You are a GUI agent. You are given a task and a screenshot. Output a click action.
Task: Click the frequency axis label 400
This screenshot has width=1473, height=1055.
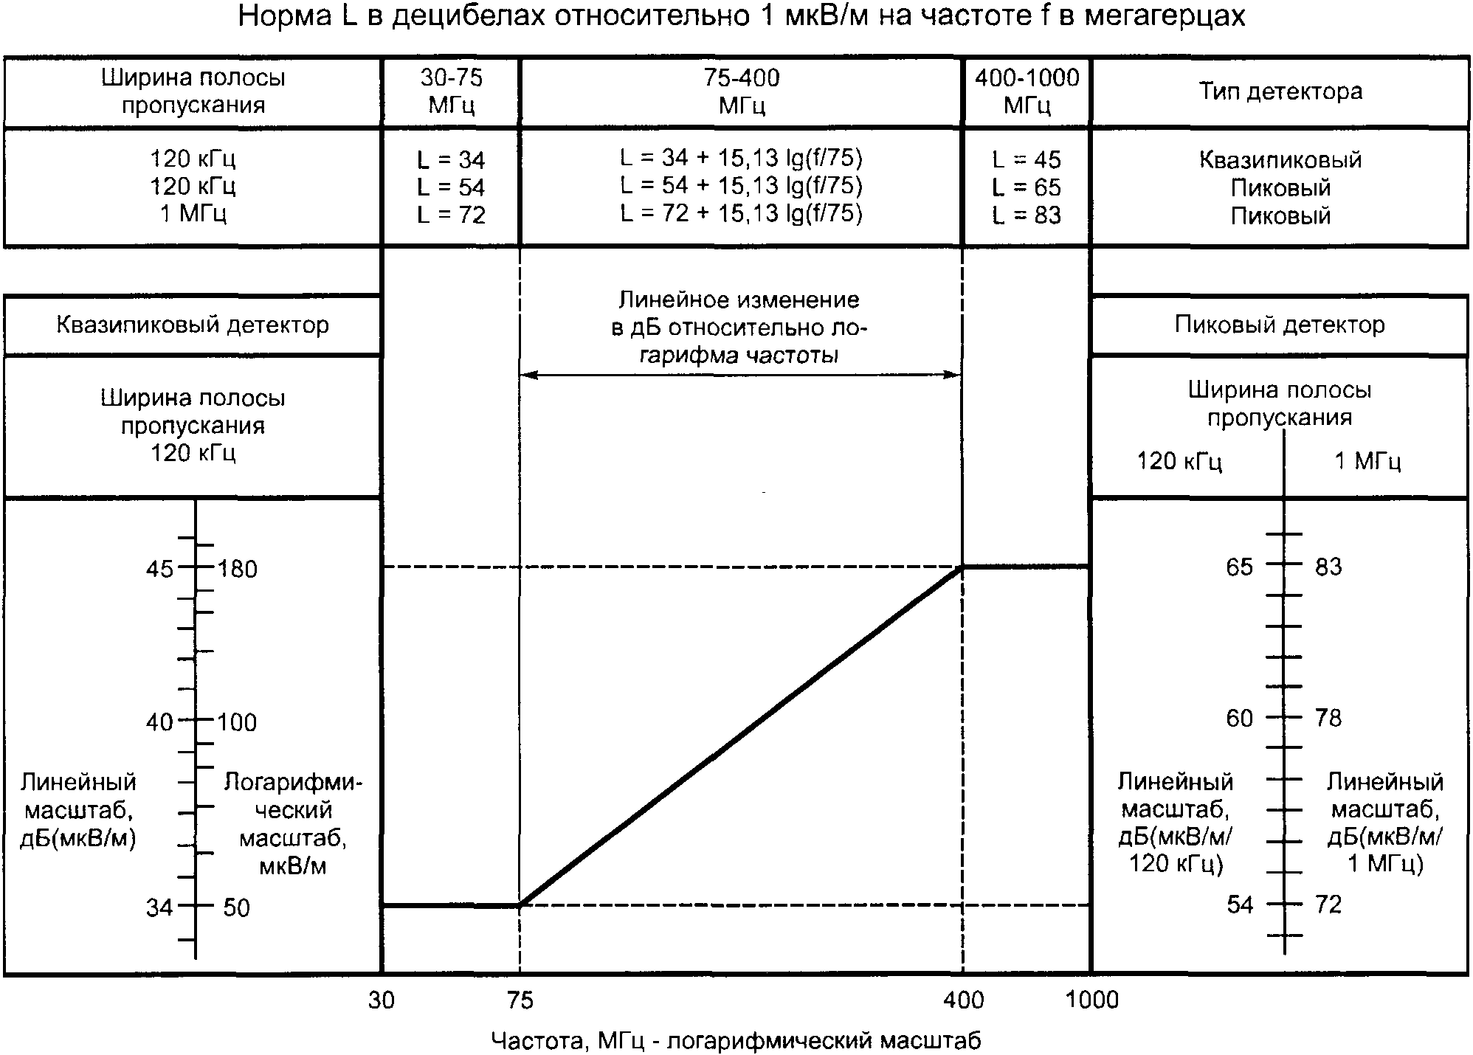[964, 1000]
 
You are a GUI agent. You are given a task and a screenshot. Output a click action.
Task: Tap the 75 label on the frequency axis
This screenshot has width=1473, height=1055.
[520, 1000]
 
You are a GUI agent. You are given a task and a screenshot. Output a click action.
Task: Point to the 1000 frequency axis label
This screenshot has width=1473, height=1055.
[1092, 1000]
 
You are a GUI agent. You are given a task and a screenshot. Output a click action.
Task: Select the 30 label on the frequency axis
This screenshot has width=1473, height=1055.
[382, 1000]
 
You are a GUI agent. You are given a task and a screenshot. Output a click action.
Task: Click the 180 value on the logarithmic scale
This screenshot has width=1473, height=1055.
[238, 569]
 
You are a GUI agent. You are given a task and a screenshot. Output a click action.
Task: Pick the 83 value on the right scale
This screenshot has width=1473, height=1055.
[1328, 567]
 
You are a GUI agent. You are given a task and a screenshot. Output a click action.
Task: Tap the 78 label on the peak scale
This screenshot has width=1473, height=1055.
[1328, 718]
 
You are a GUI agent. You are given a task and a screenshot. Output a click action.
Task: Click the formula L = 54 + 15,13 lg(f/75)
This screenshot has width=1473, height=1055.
[741, 185]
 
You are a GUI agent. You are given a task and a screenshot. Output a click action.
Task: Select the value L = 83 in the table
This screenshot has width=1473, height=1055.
[1027, 215]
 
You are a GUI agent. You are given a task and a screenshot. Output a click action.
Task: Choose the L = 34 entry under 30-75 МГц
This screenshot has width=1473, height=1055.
[451, 159]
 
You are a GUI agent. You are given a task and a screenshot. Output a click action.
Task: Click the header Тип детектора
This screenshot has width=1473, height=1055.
[1280, 91]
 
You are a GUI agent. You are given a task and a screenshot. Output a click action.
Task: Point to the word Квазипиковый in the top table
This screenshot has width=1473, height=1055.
[1280, 159]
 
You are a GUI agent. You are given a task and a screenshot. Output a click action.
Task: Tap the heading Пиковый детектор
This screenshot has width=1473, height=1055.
[1280, 325]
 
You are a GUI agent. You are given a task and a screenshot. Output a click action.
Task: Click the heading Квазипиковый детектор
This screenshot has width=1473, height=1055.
[193, 325]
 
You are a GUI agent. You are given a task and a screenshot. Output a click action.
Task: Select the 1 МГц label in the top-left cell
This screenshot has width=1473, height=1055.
[193, 214]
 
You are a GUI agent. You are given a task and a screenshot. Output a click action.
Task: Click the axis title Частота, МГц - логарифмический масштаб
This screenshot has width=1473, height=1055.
[736, 1041]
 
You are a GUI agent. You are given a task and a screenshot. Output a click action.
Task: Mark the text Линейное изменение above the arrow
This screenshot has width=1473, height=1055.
[739, 300]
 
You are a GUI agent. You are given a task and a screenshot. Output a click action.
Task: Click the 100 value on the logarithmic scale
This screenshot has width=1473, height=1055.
[237, 722]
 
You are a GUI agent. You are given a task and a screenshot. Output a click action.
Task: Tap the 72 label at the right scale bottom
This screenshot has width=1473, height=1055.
[1328, 904]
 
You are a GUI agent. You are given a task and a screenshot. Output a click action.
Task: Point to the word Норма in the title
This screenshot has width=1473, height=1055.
[286, 16]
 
